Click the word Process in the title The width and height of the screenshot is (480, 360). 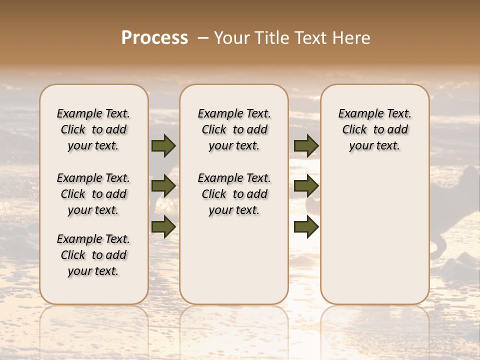pyautogui.click(x=154, y=38)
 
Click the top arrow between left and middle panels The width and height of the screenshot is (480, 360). pyautogui.click(x=163, y=145)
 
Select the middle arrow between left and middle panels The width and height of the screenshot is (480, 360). pyautogui.click(x=163, y=186)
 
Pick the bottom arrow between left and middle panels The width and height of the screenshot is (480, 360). pyautogui.click(x=163, y=226)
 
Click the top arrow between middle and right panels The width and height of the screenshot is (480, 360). pyautogui.click(x=306, y=145)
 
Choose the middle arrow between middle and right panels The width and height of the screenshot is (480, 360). pyautogui.click(x=306, y=186)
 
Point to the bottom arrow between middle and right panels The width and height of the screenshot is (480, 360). pyautogui.click(x=306, y=226)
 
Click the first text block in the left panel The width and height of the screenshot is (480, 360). pyautogui.click(x=93, y=129)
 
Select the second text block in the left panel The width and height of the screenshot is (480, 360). pyautogui.click(x=93, y=194)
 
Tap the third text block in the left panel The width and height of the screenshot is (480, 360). pyautogui.click(x=93, y=255)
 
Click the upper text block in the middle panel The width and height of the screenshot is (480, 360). pyautogui.click(x=234, y=129)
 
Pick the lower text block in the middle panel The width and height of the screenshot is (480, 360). pyautogui.click(x=234, y=194)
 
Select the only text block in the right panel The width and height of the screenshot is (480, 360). pyautogui.click(x=375, y=129)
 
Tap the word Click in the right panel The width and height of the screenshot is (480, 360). pyautogui.click(x=354, y=130)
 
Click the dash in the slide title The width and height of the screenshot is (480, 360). pyautogui.click(x=203, y=38)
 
